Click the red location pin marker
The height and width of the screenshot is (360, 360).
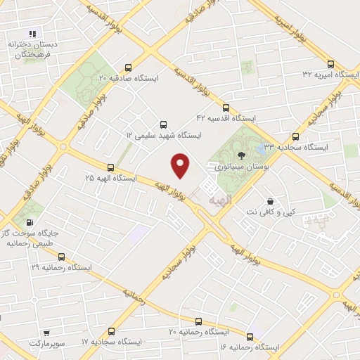[181, 165]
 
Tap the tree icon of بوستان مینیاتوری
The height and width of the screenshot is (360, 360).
[243, 155]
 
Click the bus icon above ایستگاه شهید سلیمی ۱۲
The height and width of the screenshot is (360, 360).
[164, 122]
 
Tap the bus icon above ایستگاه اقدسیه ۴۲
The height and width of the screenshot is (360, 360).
[225, 108]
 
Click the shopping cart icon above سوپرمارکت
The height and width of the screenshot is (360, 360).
[46, 331]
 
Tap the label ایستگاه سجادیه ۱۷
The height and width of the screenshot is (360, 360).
[111, 341]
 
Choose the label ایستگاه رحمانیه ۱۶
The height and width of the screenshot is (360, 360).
[250, 347]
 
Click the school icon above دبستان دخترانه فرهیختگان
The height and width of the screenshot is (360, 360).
[31, 33]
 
